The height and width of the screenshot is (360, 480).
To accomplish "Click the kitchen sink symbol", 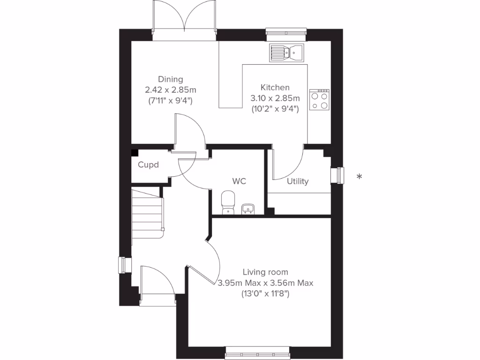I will tap(286, 52).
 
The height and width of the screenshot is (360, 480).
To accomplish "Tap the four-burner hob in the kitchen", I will tap(319, 100).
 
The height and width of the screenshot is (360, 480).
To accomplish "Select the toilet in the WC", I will tap(227, 202).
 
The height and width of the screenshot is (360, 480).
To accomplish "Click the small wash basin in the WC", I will tap(248, 209).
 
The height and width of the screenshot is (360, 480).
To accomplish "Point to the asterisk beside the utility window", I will tap(359, 177).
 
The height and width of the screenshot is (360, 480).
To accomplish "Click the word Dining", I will tap(170, 79).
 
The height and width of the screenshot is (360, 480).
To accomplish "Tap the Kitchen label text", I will tap(275, 87).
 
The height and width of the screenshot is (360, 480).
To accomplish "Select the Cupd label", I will tap(148, 165).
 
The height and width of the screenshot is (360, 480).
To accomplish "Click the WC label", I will tap(239, 181).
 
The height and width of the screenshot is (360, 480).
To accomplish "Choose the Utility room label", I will tap(298, 181).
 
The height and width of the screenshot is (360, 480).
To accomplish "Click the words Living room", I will tap(265, 272).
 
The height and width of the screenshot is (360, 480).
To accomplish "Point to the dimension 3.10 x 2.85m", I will tap(275, 98).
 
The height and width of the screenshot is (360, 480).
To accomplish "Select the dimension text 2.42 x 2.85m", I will tap(170, 90).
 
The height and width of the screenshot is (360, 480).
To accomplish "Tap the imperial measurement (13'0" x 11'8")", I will tap(265, 294).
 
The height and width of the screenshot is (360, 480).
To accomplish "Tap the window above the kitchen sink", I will tap(286, 32).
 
